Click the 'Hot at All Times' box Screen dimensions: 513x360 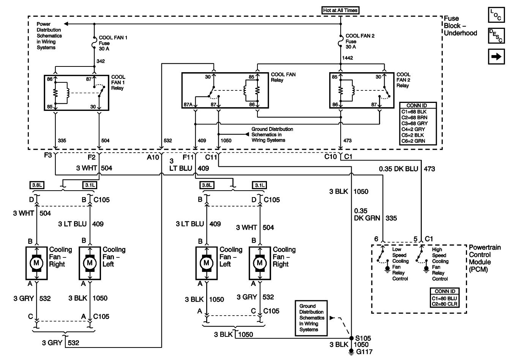point(340,10)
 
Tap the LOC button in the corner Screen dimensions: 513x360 point(496,15)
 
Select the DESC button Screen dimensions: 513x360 point(496,36)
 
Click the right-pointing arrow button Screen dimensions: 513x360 point(496,57)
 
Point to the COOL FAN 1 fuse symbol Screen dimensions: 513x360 point(94,43)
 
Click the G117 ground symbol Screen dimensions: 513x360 point(351,352)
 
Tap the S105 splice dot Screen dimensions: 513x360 point(351,338)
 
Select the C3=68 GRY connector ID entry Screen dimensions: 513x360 point(415,123)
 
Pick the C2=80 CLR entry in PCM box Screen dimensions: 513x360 point(444,304)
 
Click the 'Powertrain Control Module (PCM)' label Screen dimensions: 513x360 point(485,258)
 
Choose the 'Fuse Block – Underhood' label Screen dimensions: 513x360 point(460,26)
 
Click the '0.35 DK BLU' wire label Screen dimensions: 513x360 point(398,169)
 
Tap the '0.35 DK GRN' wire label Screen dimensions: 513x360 point(367,214)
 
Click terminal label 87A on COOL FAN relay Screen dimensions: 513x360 point(188,105)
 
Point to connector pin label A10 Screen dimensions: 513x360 point(153,157)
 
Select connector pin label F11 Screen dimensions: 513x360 point(188,157)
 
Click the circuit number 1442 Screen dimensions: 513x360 point(347,58)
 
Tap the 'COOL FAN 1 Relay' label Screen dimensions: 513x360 point(118,82)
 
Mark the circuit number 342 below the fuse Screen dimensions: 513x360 point(101,61)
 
